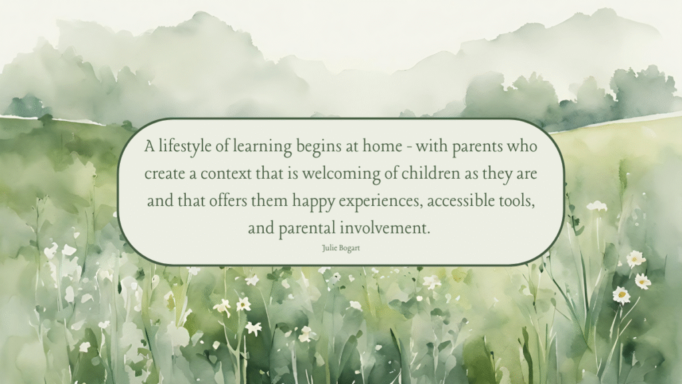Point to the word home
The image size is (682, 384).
[x=382, y=146]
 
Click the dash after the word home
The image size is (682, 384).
[x=409, y=147]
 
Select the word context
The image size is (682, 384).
[x=226, y=174]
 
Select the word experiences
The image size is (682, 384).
[x=380, y=201]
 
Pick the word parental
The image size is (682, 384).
[x=307, y=229]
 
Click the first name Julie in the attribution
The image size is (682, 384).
[x=329, y=248]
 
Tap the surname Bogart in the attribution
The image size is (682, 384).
[x=349, y=249]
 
